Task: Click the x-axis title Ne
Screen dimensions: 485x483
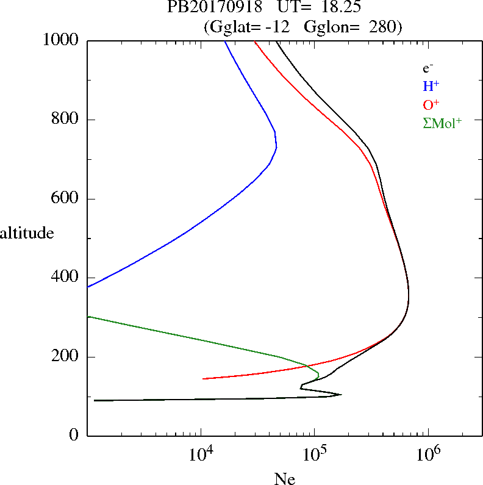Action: tap(284, 479)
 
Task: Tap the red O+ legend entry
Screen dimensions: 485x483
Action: tap(431, 104)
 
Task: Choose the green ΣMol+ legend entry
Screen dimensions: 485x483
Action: tap(442, 123)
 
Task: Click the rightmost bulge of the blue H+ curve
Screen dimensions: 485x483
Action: tap(277, 146)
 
